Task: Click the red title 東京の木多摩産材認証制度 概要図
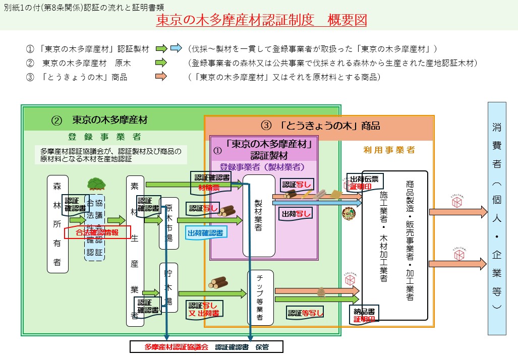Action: (261, 20)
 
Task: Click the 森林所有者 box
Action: (57, 224)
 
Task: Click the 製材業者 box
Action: (258, 216)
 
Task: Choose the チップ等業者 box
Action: (260, 297)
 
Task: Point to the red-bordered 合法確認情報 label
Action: (97, 232)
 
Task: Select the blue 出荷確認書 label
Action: (206, 232)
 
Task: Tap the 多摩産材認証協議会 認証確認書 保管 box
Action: (206, 347)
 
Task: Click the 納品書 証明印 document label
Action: (363, 314)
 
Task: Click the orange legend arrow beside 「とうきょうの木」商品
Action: (161, 77)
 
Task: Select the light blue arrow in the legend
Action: (176, 49)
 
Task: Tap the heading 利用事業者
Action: (388, 150)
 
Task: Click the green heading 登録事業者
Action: (104, 137)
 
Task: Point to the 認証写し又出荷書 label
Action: (204, 309)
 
